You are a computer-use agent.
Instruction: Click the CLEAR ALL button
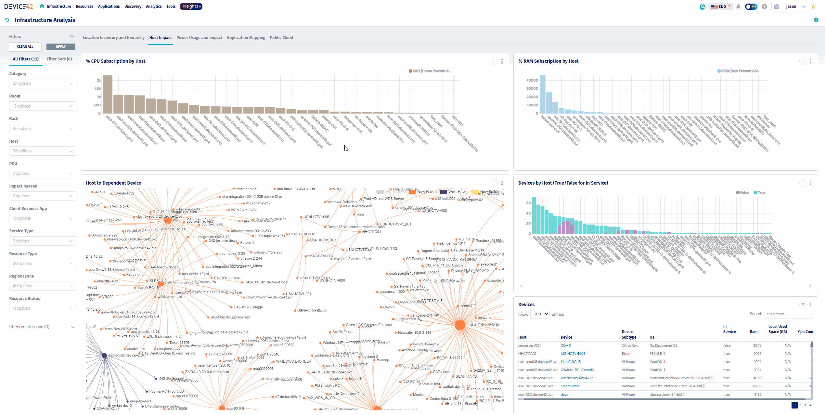point(25,46)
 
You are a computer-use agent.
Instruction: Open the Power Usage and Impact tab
point(199,38)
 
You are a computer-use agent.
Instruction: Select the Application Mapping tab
point(246,38)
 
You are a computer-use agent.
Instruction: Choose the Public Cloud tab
point(281,38)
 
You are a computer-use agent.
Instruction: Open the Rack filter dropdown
point(42,129)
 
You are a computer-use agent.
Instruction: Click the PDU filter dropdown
point(42,174)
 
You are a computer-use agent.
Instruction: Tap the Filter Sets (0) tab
point(59,59)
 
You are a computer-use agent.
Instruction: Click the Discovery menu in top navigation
point(133,6)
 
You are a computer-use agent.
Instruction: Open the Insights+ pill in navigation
point(191,6)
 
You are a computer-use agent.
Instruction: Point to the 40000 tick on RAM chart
point(532,80)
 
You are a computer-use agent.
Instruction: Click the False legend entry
point(742,193)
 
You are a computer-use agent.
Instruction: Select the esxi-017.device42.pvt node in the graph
point(460,325)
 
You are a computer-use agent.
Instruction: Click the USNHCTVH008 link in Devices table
point(573,354)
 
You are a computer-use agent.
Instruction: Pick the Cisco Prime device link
point(570,386)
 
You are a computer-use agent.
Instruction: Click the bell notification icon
point(738,7)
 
